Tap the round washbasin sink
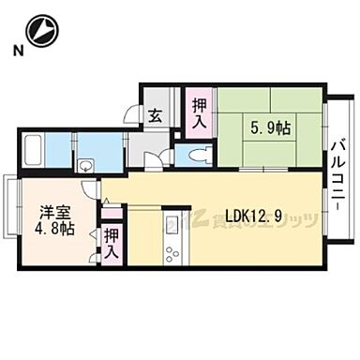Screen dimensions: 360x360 click(86, 166)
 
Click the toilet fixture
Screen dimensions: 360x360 click(196, 154)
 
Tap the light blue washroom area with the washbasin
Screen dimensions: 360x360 click(99, 151)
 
